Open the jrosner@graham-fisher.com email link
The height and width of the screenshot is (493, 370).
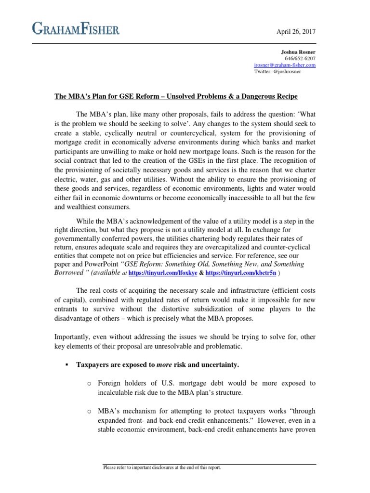tap(285, 65)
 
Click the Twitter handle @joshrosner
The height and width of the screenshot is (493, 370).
tap(278, 71)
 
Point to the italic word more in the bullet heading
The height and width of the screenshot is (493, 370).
tap(164, 365)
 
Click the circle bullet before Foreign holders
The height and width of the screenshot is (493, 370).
tap(90, 384)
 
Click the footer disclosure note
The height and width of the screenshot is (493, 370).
tap(162, 467)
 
